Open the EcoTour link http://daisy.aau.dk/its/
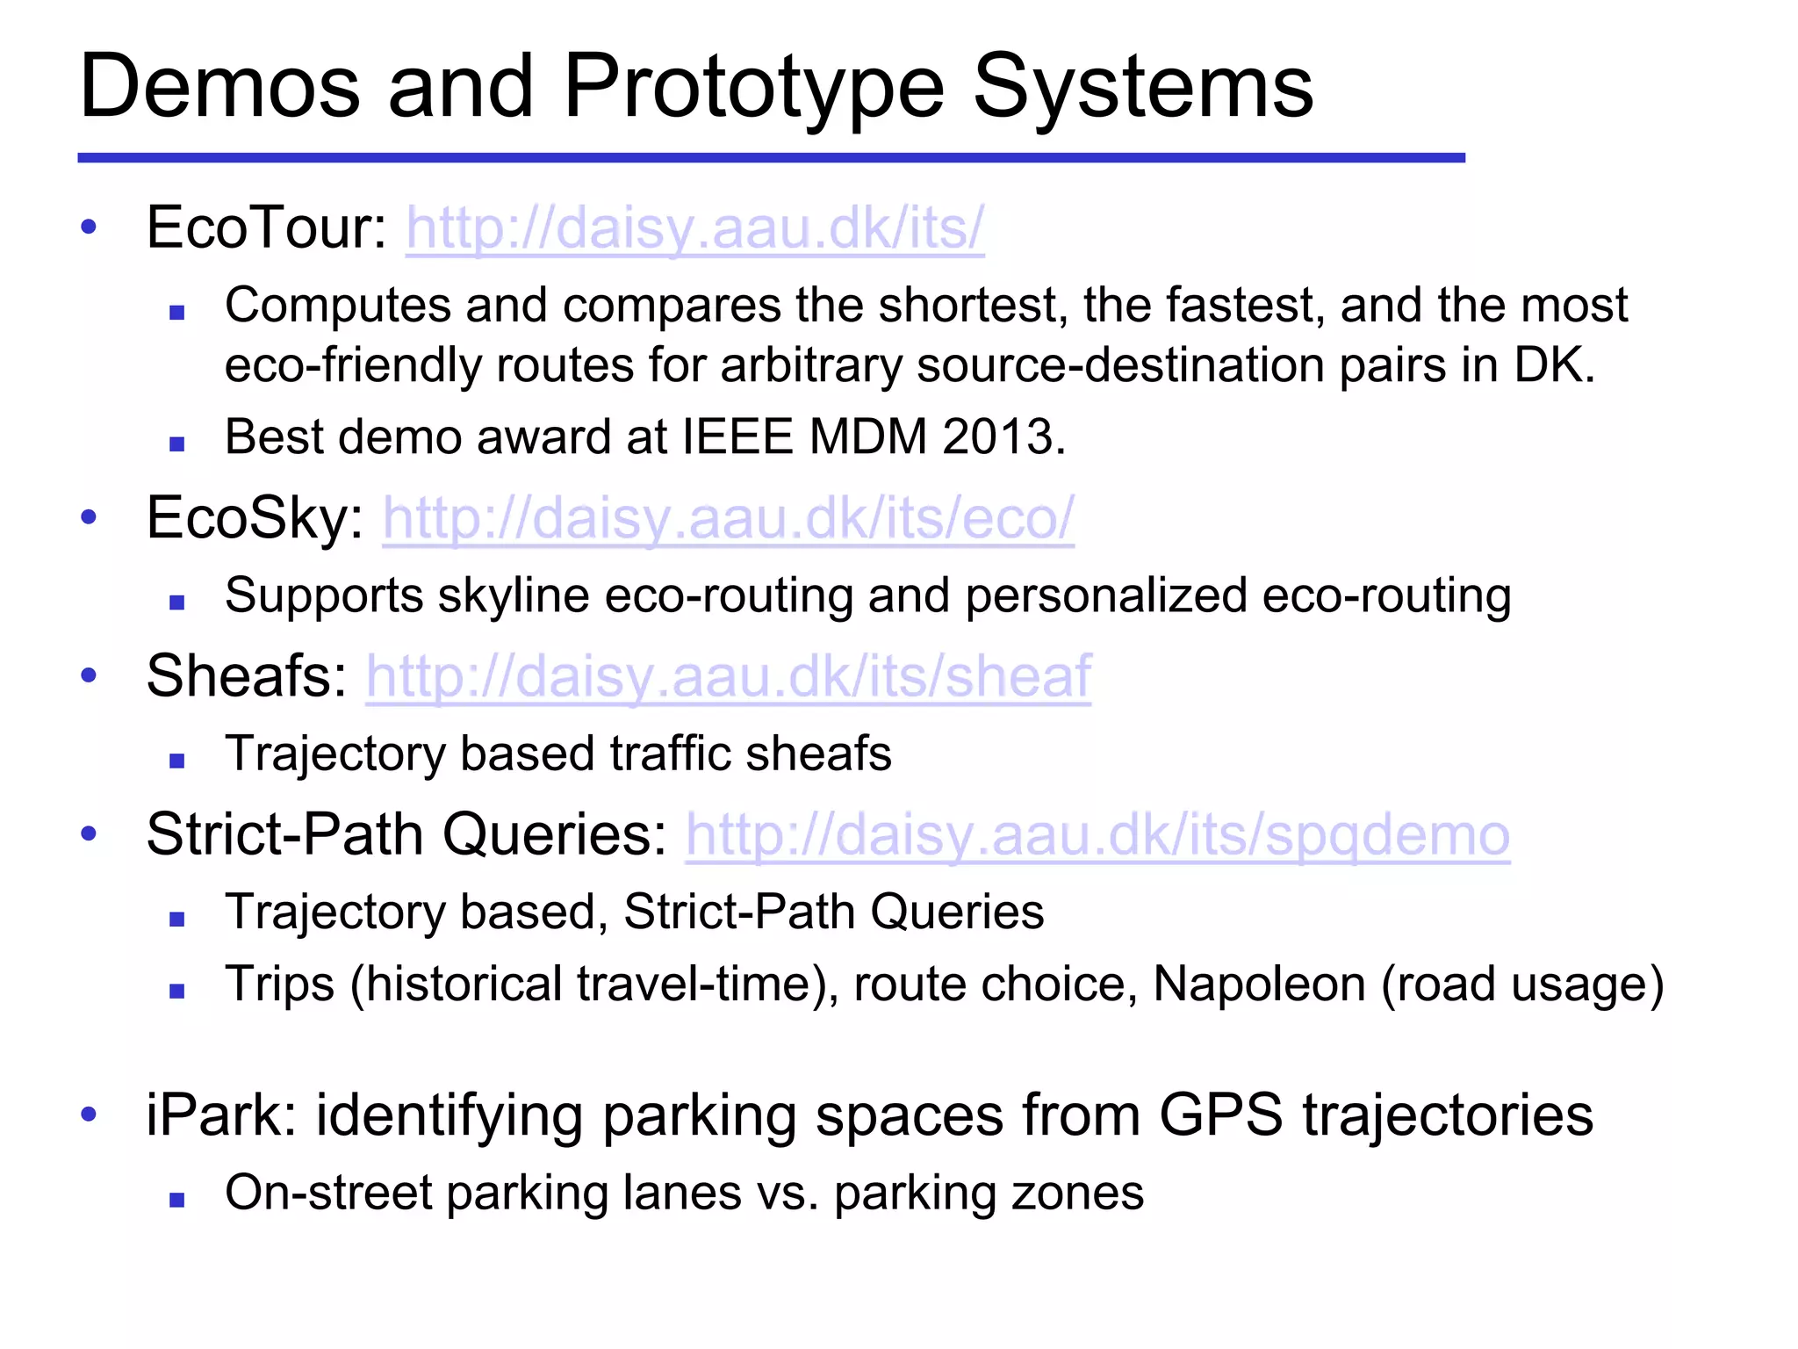click(x=694, y=228)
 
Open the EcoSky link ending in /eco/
click(x=728, y=518)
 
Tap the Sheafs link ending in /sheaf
click(x=728, y=677)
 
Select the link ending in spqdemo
click(x=1097, y=835)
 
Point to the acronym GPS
click(x=1220, y=1115)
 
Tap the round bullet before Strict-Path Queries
click(x=89, y=833)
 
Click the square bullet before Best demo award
click(x=177, y=444)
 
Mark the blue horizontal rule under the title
click(x=771, y=158)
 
